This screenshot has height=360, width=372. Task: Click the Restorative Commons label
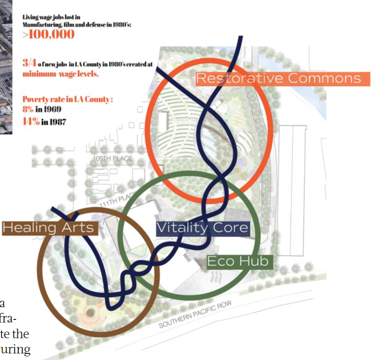pos(278,78)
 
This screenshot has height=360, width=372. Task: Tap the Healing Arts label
pos(49,227)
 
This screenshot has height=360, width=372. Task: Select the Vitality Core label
pos(202,228)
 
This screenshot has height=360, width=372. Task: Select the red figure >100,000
pos(48,35)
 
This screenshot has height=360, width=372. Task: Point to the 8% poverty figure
pos(28,109)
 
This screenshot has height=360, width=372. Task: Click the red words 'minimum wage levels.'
pos(60,74)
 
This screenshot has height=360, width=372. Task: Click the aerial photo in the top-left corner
pos(6,66)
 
